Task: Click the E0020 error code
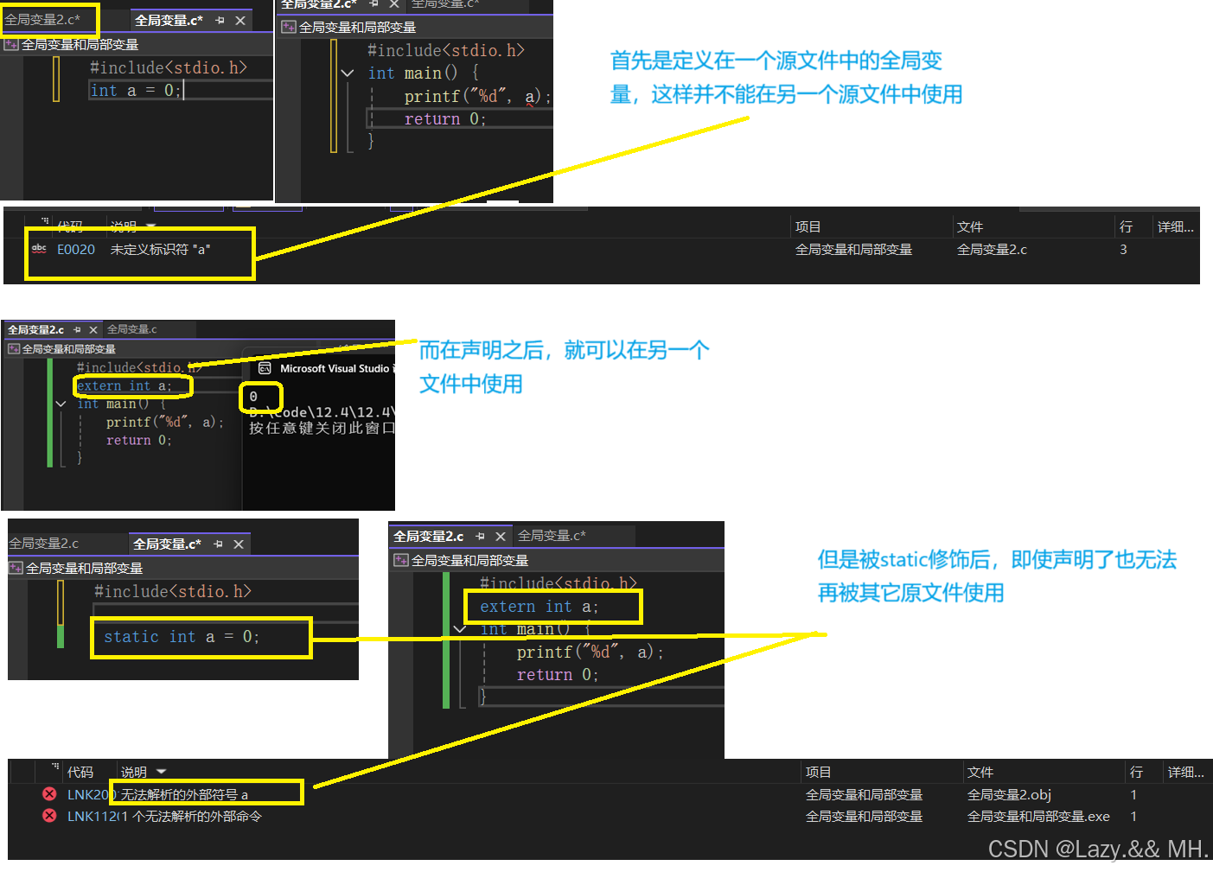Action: tap(76, 250)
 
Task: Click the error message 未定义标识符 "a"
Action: tap(160, 250)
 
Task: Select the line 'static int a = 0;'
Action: tap(182, 637)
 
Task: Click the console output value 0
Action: tap(253, 397)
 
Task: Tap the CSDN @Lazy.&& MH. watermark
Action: tap(1097, 850)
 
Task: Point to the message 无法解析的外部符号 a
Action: tap(184, 794)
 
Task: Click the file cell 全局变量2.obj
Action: tap(1009, 794)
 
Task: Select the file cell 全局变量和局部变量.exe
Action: tap(1038, 816)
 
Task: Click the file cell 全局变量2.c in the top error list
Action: tap(992, 250)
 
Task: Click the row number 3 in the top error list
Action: tap(1123, 250)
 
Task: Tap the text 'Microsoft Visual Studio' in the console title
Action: tap(335, 369)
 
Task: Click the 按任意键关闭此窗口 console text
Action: tap(322, 428)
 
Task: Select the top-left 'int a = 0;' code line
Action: tap(136, 91)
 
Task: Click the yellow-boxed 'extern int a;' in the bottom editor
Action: tap(539, 607)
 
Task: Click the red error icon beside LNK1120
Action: tap(50, 816)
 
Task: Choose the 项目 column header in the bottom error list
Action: tap(818, 772)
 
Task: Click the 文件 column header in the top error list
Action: tap(970, 226)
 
